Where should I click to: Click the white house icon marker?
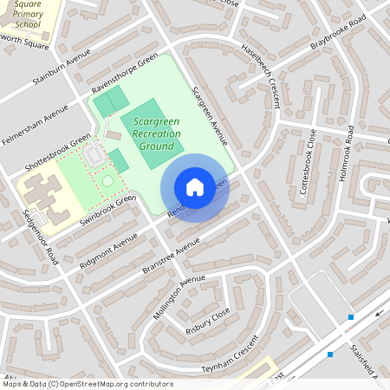(x=195, y=187)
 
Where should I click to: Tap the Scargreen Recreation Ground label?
(x=152, y=135)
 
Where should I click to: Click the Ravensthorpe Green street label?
(x=125, y=75)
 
